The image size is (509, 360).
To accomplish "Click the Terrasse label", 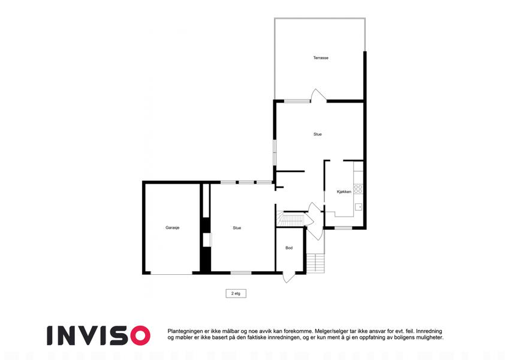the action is click(x=321, y=58).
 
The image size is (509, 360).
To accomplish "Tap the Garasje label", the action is click(x=173, y=228).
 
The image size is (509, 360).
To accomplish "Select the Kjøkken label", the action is click(x=344, y=191).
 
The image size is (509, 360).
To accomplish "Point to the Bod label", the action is click(x=289, y=248).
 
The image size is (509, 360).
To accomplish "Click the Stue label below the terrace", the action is click(x=318, y=134).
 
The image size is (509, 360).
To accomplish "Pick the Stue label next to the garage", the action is click(x=237, y=228).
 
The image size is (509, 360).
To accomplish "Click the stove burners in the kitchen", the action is click(x=358, y=189).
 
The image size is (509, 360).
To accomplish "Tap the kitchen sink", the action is click(x=359, y=207).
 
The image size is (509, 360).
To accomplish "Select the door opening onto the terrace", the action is click(x=318, y=95).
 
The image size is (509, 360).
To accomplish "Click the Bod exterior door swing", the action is click(x=288, y=277).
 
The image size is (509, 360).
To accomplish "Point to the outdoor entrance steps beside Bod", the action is click(x=315, y=263).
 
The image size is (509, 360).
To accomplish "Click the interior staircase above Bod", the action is click(x=291, y=219).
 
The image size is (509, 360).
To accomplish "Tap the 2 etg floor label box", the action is click(x=236, y=293).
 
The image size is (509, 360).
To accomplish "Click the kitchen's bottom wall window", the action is click(x=343, y=228).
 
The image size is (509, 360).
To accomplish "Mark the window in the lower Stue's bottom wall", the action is click(x=241, y=272).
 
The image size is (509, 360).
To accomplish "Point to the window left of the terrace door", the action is click(x=297, y=101).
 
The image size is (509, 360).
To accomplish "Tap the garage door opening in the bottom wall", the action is click(x=171, y=273).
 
